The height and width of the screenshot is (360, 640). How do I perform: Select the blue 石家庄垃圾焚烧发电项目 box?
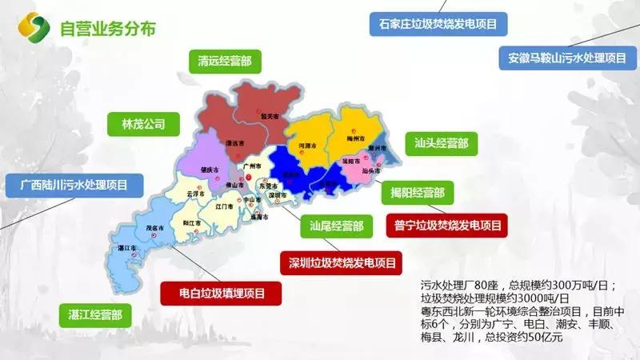438,24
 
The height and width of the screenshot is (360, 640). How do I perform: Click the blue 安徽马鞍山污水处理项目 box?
566,58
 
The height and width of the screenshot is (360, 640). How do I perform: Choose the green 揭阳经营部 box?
418,193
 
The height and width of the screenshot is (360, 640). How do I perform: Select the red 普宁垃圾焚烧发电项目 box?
448,226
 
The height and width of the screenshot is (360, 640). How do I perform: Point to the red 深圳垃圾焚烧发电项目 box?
342,262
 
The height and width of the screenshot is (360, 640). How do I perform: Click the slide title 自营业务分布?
108,29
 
